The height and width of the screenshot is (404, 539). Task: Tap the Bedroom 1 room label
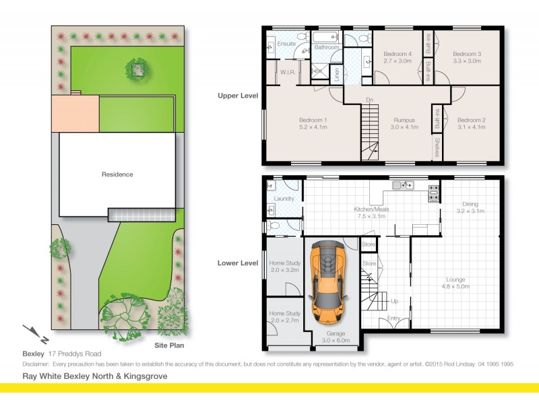click(x=313, y=121)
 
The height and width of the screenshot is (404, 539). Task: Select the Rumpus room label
click(x=402, y=121)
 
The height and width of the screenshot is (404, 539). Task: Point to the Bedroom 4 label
click(x=398, y=55)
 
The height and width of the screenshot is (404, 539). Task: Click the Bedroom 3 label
click(x=466, y=55)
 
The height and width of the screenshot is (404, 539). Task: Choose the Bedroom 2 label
click(x=471, y=121)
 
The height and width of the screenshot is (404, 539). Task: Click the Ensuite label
click(x=286, y=44)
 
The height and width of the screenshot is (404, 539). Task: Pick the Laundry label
click(x=284, y=199)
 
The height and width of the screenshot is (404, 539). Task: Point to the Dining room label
click(x=470, y=205)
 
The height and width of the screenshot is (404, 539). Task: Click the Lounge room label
click(x=455, y=280)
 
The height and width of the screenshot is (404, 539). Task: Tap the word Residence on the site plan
click(x=117, y=174)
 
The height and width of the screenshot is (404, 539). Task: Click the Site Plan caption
click(x=170, y=345)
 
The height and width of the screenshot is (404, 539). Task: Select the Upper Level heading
click(x=238, y=96)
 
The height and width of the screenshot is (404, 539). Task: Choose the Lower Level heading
click(x=238, y=264)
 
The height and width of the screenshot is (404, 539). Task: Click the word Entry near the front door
click(x=393, y=318)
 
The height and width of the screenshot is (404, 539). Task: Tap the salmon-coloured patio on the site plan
click(x=75, y=113)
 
